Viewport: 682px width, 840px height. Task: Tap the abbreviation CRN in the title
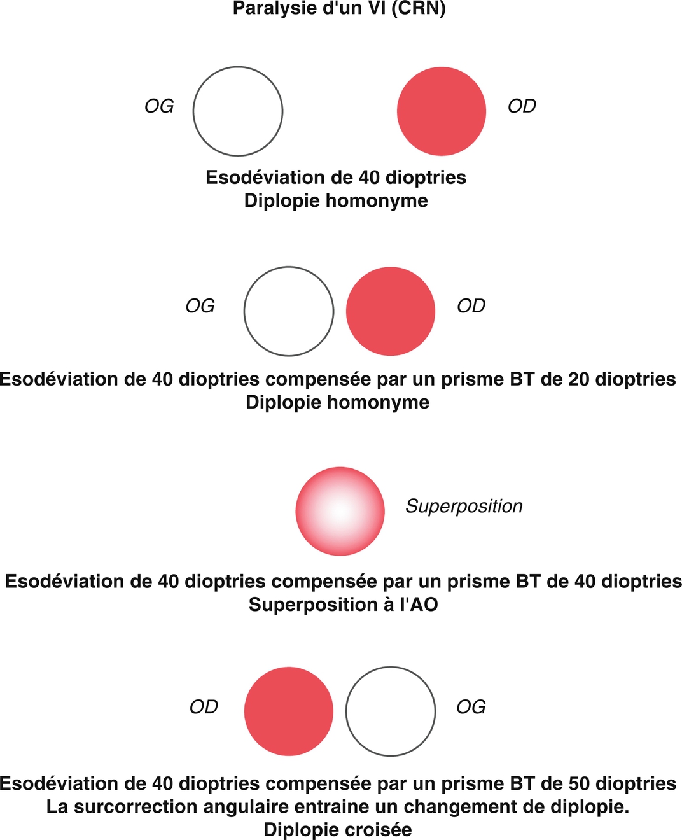coord(418,9)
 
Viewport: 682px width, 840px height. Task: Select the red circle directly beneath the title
coord(441,111)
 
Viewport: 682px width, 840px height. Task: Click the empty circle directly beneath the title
coord(238,111)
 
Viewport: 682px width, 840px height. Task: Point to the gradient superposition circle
coord(340,511)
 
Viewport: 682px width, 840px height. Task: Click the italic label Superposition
coord(464,506)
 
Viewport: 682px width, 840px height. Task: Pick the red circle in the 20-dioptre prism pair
coord(391,311)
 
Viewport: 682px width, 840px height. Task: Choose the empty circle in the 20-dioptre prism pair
coord(289,311)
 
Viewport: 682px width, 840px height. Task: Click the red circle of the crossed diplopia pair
coord(289,711)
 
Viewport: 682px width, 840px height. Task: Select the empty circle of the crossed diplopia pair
coord(391,711)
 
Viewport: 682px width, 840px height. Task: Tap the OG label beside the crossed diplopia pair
coord(471,707)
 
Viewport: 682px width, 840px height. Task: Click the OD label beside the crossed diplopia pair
coord(204,707)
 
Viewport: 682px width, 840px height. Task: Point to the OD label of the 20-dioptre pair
coord(471,306)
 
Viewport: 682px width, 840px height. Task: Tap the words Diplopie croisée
coord(338,830)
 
